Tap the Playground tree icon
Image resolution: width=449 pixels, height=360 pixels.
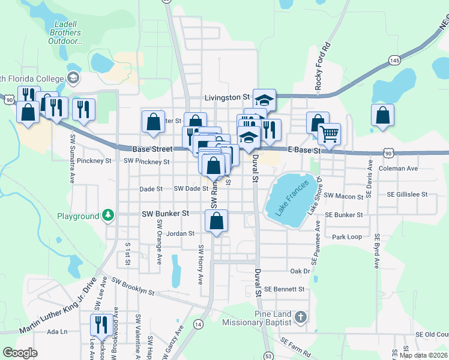tap(108, 215)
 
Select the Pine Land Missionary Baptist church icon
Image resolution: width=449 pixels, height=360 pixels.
tap(301, 316)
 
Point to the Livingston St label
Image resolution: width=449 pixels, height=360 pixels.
tap(226, 97)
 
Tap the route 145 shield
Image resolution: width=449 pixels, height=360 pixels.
tap(394, 60)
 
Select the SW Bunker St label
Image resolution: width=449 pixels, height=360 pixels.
tap(165, 213)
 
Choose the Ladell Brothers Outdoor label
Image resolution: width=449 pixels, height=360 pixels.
tap(65, 32)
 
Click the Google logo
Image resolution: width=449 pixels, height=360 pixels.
tap(20, 352)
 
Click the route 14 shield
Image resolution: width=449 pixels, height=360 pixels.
tap(197, 324)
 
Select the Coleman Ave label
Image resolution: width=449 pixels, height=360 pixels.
tap(398, 169)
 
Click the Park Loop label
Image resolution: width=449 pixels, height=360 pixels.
tap(347, 237)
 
